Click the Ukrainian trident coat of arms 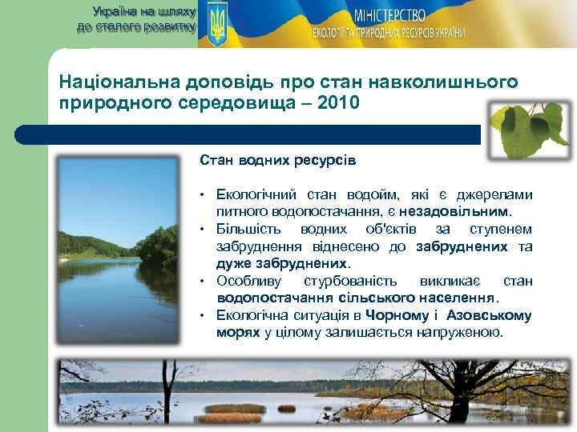click(217, 24)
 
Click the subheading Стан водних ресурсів click(278, 161)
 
